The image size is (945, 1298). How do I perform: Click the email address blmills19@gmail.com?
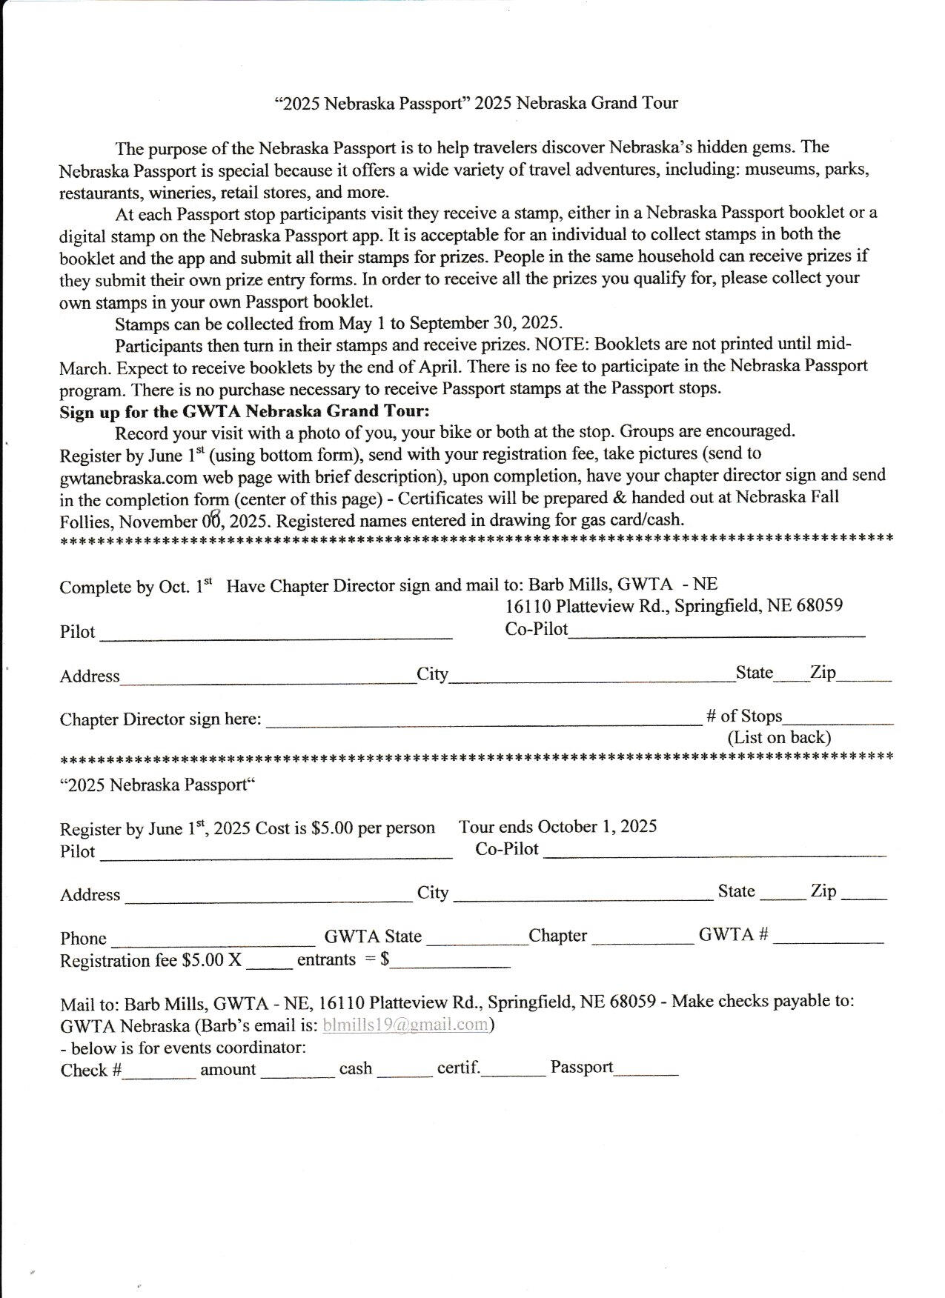(405, 1025)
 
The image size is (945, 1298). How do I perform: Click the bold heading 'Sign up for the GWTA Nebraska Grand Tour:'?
(245, 411)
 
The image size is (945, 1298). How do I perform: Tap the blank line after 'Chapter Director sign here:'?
(483, 721)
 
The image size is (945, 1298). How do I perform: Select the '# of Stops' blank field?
(838, 719)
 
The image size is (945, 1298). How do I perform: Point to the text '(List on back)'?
(779, 738)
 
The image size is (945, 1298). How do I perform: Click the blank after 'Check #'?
(159, 1074)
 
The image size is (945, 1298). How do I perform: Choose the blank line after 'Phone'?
(213, 941)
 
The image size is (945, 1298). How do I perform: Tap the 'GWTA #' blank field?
(828, 939)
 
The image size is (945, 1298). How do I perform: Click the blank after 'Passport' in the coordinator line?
(646, 1071)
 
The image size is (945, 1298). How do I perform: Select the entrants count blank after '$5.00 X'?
(269, 964)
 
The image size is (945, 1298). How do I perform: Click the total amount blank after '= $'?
(451, 964)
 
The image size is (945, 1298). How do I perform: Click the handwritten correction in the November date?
(216, 518)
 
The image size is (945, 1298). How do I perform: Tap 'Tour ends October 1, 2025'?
(557, 827)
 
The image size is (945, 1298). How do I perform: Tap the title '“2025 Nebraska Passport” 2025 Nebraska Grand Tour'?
(476, 103)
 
